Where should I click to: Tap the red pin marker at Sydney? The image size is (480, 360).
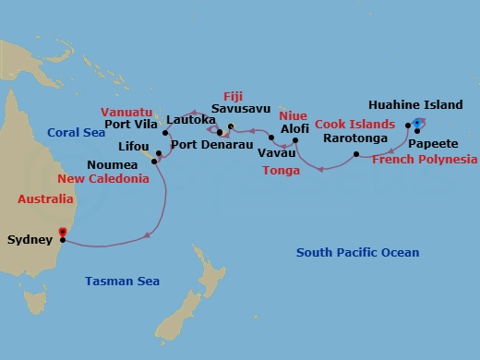pos(62,233)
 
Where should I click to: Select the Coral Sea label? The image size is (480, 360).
pos(77,131)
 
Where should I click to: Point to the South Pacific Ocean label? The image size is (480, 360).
pos(357,252)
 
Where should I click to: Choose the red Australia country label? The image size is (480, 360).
pos(45,198)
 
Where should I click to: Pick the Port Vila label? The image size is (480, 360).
pos(130,126)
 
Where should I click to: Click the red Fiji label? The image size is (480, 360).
pos(233,95)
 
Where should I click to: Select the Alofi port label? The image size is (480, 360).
pos(294,128)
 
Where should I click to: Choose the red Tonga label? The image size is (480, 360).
pos(282,171)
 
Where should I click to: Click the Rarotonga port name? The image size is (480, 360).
pos(353,138)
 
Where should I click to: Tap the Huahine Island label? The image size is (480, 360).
pos(414,104)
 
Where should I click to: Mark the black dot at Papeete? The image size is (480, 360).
pos(417,131)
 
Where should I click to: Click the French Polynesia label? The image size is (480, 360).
pos(420,159)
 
